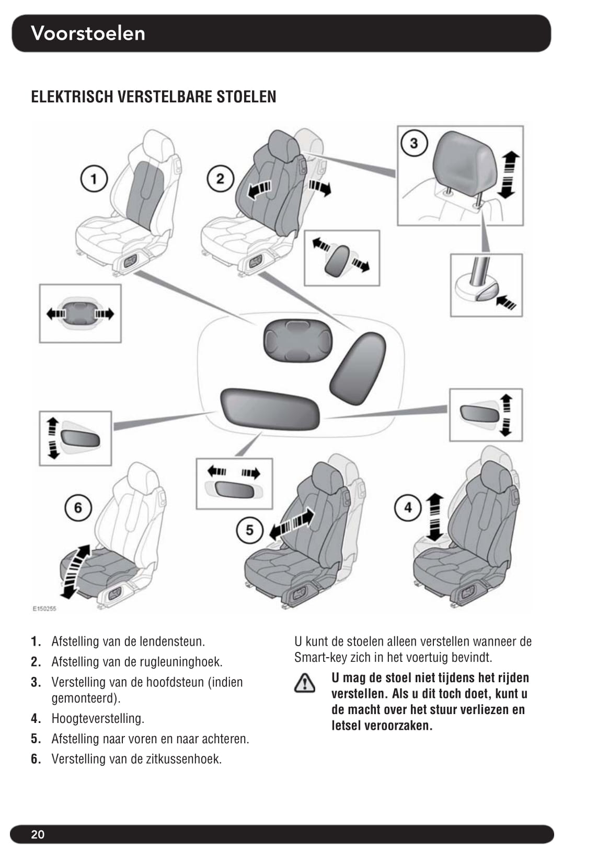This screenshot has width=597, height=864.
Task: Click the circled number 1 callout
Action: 94,179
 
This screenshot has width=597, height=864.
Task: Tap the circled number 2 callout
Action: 221,179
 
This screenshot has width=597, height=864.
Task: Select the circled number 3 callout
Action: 414,144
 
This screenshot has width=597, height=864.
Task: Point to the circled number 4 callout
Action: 408,508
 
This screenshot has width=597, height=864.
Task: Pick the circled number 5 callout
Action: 250,530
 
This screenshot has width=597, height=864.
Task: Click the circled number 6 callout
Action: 78,508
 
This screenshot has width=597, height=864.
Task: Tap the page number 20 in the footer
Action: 38,834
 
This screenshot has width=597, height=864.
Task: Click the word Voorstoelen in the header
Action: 88,33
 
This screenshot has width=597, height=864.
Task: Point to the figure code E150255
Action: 44,609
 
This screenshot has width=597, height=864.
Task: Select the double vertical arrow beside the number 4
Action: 435,517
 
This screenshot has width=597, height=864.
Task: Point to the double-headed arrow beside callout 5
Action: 292,523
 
